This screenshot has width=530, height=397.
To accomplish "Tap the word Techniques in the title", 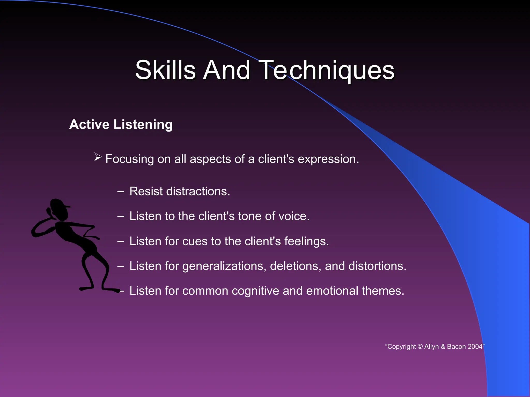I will click(x=328, y=70).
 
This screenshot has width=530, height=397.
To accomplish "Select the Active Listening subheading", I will click(x=121, y=124).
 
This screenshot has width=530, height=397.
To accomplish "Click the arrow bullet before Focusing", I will click(x=98, y=157).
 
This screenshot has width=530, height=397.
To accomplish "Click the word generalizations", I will click(x=224, y=266).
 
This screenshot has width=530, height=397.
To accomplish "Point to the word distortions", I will click(x=377, y=266).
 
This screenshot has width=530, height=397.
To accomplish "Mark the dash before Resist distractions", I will click(x=120, y=192).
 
